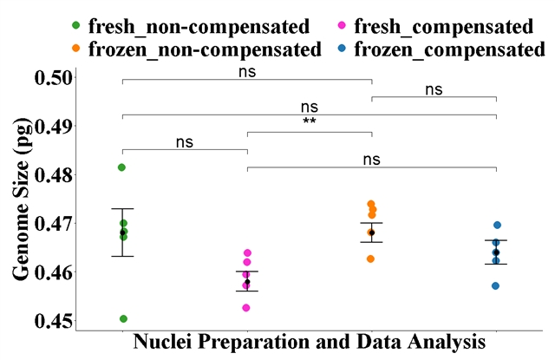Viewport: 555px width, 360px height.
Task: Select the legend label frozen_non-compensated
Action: pos(205,49)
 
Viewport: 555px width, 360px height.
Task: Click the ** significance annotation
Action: pos(310,121)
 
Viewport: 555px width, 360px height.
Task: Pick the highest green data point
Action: pos(122,167)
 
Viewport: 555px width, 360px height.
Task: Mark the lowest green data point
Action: pos(123,318)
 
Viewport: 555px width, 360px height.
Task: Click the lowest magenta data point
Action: pos(246,308)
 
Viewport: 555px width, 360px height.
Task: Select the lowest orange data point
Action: pos(371,259)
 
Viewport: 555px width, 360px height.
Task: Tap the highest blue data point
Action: pos(497,225)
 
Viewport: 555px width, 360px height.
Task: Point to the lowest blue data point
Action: pos(495,285)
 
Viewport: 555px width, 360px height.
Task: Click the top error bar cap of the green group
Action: pos(122,209)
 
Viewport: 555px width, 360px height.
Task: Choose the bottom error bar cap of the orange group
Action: pos(371,242)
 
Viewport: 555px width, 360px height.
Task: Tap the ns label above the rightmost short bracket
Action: pos(434,88)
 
